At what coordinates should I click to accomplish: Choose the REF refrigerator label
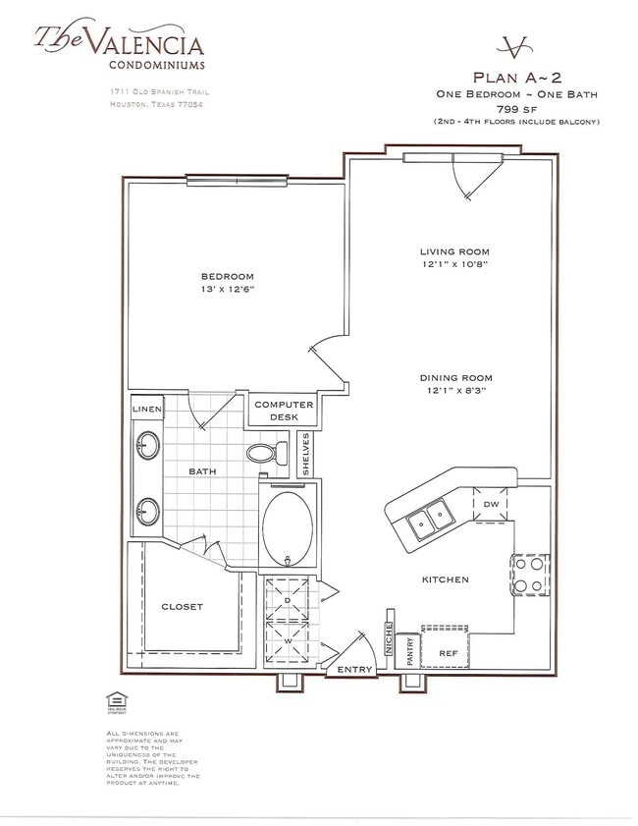click(448, 652)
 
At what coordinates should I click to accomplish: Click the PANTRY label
click(410, 654)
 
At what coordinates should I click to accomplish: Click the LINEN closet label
click(147, 408)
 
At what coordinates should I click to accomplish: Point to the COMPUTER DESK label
click(284, 411)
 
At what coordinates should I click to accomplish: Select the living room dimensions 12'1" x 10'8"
click(453, 264)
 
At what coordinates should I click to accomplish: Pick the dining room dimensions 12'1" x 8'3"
click(455, 390)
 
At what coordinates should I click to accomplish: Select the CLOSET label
click(182, 607)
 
